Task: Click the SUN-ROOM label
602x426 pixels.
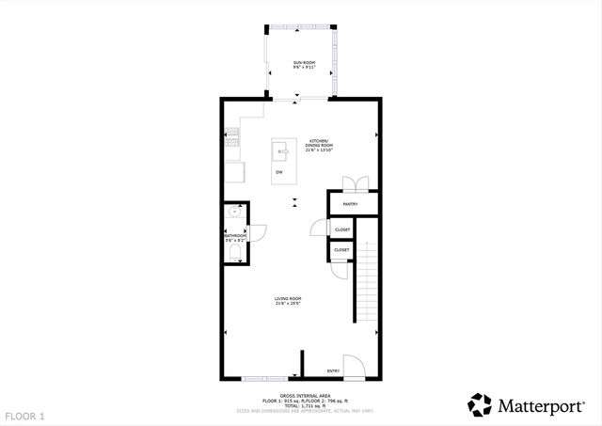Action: click(303, 63)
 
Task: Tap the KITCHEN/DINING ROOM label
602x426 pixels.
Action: click(320, 144)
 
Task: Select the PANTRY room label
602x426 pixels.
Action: click(350, 203)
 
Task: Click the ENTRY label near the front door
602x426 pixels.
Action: click(333, 371)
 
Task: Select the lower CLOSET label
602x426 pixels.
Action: click(341, 250)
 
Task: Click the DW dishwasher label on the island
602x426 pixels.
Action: click(279, 173)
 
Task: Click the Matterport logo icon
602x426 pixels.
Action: click(480, 404)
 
